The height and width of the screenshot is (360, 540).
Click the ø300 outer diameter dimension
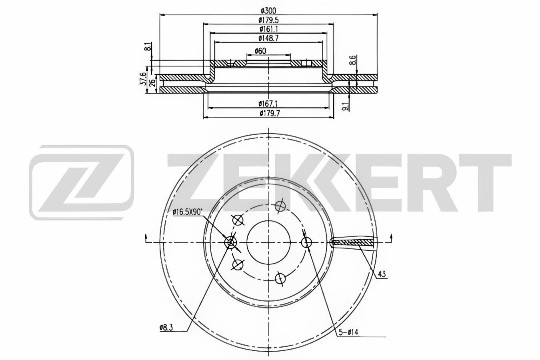click(268, 11)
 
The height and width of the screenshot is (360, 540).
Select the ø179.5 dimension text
click(268, 20)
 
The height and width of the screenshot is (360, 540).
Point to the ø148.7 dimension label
click(268, 38)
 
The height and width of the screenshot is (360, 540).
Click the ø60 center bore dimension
click(260, 51)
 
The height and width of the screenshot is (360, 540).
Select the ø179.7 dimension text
click(270, 113)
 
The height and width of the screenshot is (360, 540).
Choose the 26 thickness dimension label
click(152, 83)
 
